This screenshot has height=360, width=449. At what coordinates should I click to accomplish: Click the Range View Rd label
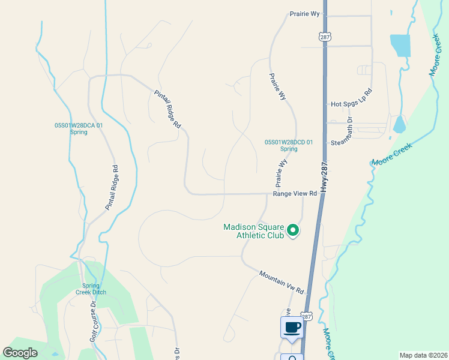pyautogui.click(x=295, y=194)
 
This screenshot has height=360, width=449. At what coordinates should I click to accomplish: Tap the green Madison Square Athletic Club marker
pyautogui.click(x=293, y=230)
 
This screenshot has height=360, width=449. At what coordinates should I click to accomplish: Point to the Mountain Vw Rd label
pyautogui.click(x=282, y=282)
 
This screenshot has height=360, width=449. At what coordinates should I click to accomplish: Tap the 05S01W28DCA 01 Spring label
pyautogui.click(x=79, y=128)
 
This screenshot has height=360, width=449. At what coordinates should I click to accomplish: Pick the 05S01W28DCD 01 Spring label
pyautogui.click(x=289, y=145)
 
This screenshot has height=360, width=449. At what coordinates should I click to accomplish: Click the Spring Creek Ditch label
pyautogui.click(x=94, y=289)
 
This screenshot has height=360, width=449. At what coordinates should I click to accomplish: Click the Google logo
pyautogui.click(x=20, y=353)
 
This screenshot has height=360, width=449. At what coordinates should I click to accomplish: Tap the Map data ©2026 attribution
pyautogui.click(x=423, y=355)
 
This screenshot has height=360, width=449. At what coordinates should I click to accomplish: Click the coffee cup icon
pyautogui.click(x=292, y=328)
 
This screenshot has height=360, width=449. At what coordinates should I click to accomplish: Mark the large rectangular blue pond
pyautogui.click(x=400, y=46)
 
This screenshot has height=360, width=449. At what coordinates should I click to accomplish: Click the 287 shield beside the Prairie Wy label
pyautogui.click(x=325, y=37)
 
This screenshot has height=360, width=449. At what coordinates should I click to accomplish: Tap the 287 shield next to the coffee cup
pyautogui.click(x=306, y=316)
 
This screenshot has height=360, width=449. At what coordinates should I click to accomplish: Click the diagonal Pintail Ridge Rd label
pyautogui.click(x=167, y=109)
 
